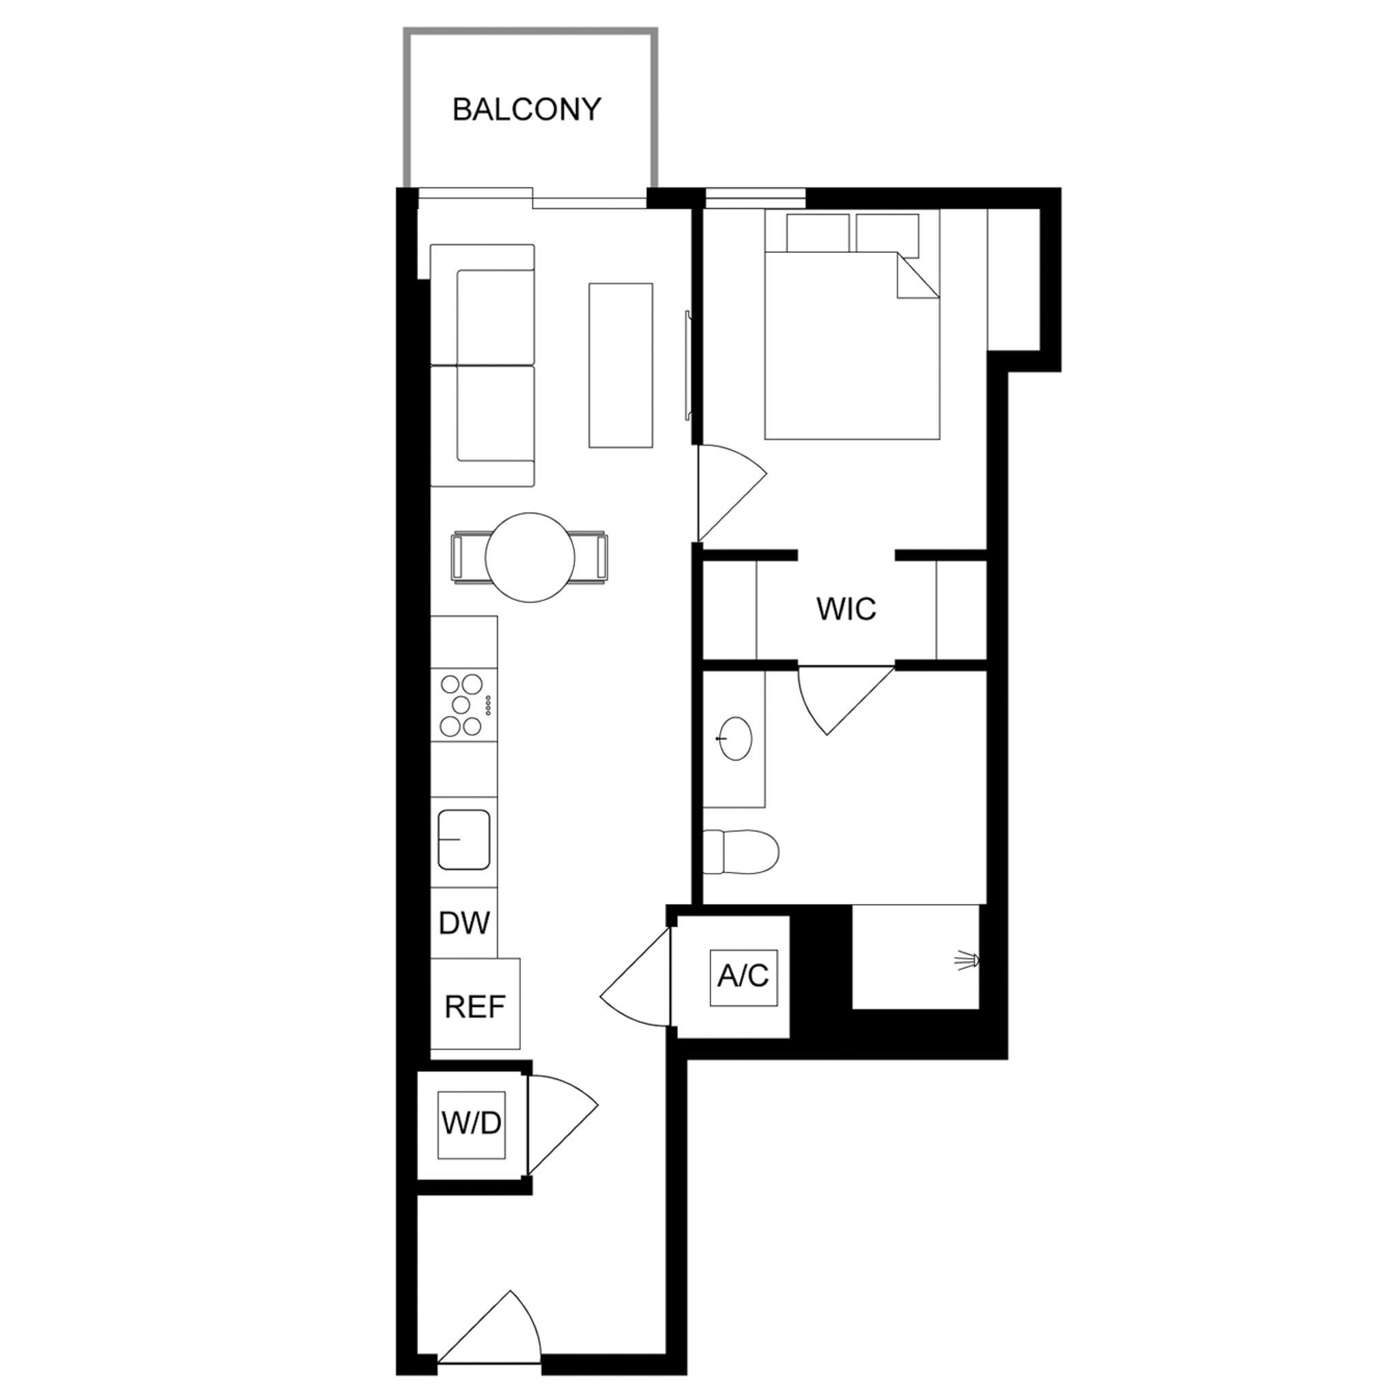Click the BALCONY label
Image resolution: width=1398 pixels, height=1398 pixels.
tap(527, 109)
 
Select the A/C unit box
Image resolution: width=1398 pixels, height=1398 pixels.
tap(743, 976)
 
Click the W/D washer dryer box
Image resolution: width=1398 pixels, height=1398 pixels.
tap(472, 1124)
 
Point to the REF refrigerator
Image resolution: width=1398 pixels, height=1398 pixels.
tap(475, 1003)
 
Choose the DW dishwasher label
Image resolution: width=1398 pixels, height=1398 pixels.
tap(465, 924)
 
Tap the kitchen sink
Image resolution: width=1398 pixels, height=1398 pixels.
tap(463, 840)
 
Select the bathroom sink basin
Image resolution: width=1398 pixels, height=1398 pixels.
tap(734, 739)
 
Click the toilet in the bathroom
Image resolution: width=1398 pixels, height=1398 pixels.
tap(740, 852)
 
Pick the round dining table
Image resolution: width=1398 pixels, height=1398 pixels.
tap(530, 557)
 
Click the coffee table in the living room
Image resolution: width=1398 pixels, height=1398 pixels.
tap(621, 365)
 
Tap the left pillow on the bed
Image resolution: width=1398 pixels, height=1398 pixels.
tap(818, 233)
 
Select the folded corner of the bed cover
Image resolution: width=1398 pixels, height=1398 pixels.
tap(917, 276)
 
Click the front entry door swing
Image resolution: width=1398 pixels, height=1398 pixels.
tap(489, 1332)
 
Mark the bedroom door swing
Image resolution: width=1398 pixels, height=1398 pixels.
tap(731, 492)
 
